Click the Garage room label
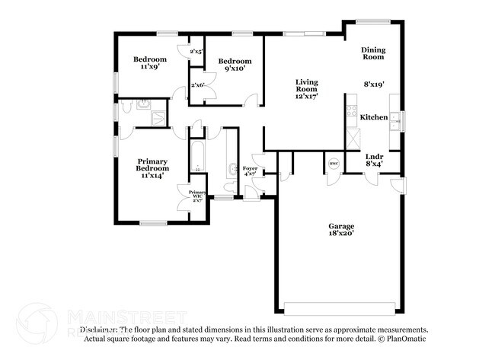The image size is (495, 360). click(341, 227)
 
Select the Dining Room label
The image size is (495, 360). click(373, 53)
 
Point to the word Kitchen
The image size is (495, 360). click(374, 117)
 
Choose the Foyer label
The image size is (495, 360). click(250, 168)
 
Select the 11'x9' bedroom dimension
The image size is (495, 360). click(149, 67)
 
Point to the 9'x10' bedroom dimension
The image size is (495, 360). click(235, 69)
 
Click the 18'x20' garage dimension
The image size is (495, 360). click(341, 234)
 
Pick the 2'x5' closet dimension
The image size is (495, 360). click(196, 52)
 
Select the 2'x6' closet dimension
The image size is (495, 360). click(200, 84)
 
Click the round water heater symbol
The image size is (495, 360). click(333, 163)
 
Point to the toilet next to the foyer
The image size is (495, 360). click(232, 169)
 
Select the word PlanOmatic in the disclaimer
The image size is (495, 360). click(407, 339)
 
